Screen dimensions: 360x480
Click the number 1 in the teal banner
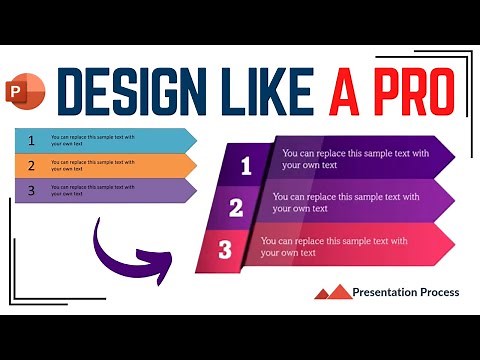tap(31, 139)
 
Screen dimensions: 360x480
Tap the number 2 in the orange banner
tap(31, 165)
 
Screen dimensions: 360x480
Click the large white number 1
tap(246, 166)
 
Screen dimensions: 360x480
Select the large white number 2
tap(237, 208)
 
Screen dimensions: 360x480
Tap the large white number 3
tap(226, 250)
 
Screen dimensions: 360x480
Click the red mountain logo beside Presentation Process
tap(333, 292)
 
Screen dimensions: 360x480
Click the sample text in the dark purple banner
tap(355, 158)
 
